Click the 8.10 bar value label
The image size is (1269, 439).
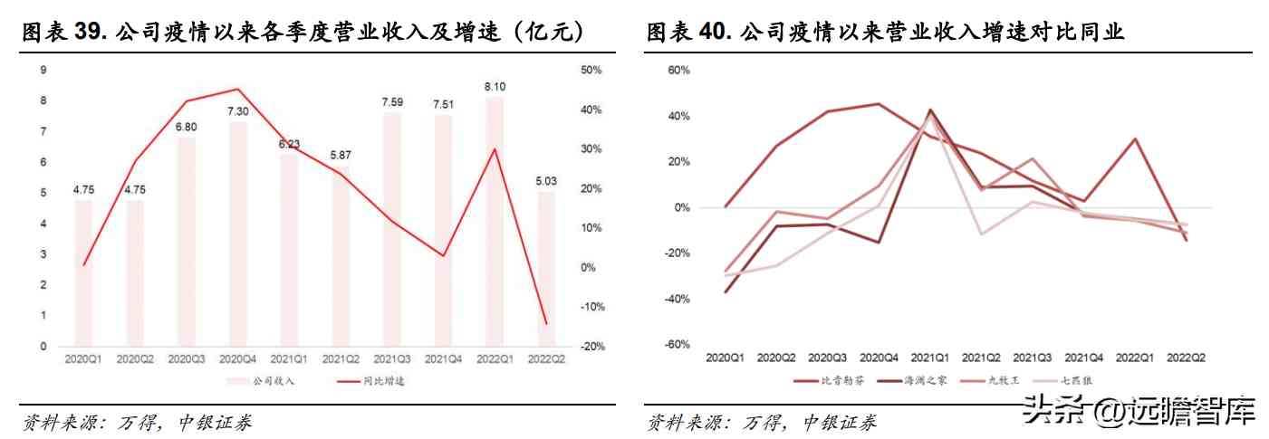click(x=495, y=87)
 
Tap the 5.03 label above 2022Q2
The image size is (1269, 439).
click(x=546, y=181)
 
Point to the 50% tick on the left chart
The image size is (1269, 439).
click(x=590, y=70)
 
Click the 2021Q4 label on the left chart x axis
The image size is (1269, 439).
click(x=443, y=359)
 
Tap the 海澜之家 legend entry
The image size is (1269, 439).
click(x=918, y=380)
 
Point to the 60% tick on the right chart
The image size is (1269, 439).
click(x=678, y=70)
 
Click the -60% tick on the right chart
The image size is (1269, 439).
click(x=677, y=345)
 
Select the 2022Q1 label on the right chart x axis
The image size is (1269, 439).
click(x=1135, y=358)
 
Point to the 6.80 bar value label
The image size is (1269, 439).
click(x=185, y=127)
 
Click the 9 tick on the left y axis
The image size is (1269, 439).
click(x=44, y=70)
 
